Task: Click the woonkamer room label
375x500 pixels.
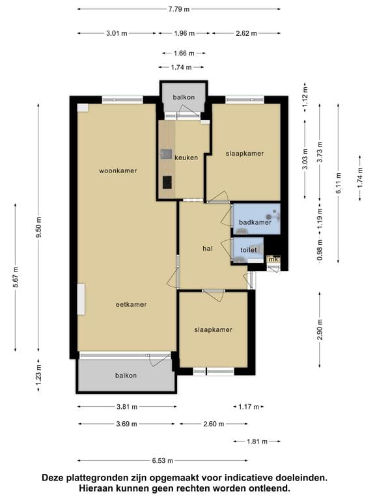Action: pyautogui.click(x=118, y=171)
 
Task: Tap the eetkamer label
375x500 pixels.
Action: pyautogui.click(x=131, y=305)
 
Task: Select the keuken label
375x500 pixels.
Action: pyautogui.click(x=186, y=158)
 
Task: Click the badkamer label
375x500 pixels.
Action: pyautogui.click(x=255, y=222)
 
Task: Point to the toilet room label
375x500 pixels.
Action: pyautogui.click(x=249, y=250)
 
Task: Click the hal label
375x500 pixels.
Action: pyautogui.click(x=208, y=249)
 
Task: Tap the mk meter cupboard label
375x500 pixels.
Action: pyautogui.click(x=273, y=260)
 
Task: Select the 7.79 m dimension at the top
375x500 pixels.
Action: pyautogui.click(x=179, y=9)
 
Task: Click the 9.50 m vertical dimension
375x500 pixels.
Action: pyautogui.click(x=38, y=227)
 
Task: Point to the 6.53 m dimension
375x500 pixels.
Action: pyautogui.click(x=162, y=460)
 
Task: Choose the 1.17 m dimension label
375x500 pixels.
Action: pyautogui.click(x=249, y=406)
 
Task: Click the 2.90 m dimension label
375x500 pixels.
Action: pyautogui.click(x=320, y=329)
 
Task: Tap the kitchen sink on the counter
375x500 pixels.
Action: pyautogui.click(x=166, y=154)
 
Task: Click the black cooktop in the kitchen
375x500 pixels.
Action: pyautogui.click(x=167, y=182)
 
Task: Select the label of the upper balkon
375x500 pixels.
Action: pyautogui.click(x=184, y=97)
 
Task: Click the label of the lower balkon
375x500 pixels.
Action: pyautogui.click(x=126, y=376)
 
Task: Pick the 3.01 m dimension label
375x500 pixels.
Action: pyautogui.click(x=117, y=33)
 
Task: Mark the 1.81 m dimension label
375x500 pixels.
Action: pyautogui.click(x=257, y=441)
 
